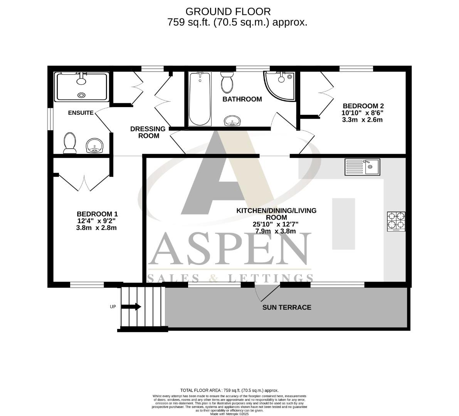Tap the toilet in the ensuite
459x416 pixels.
[70, 143]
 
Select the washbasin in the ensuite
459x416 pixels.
[94, 146]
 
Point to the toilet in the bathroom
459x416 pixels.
[227, 82]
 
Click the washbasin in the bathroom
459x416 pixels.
[232, 121]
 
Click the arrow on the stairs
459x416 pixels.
[131, 307]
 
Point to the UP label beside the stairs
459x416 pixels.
[113, 307]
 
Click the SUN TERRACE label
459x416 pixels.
[287, 307]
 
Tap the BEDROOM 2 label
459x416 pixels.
[363, 106]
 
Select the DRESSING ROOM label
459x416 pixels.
[148, 132]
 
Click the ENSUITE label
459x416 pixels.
[81, 113]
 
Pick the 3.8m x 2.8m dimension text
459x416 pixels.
[96, 228]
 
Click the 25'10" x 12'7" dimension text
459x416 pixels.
[276, 224]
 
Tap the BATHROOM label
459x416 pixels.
[242, 99]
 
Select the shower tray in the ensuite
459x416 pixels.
[81, 87]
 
